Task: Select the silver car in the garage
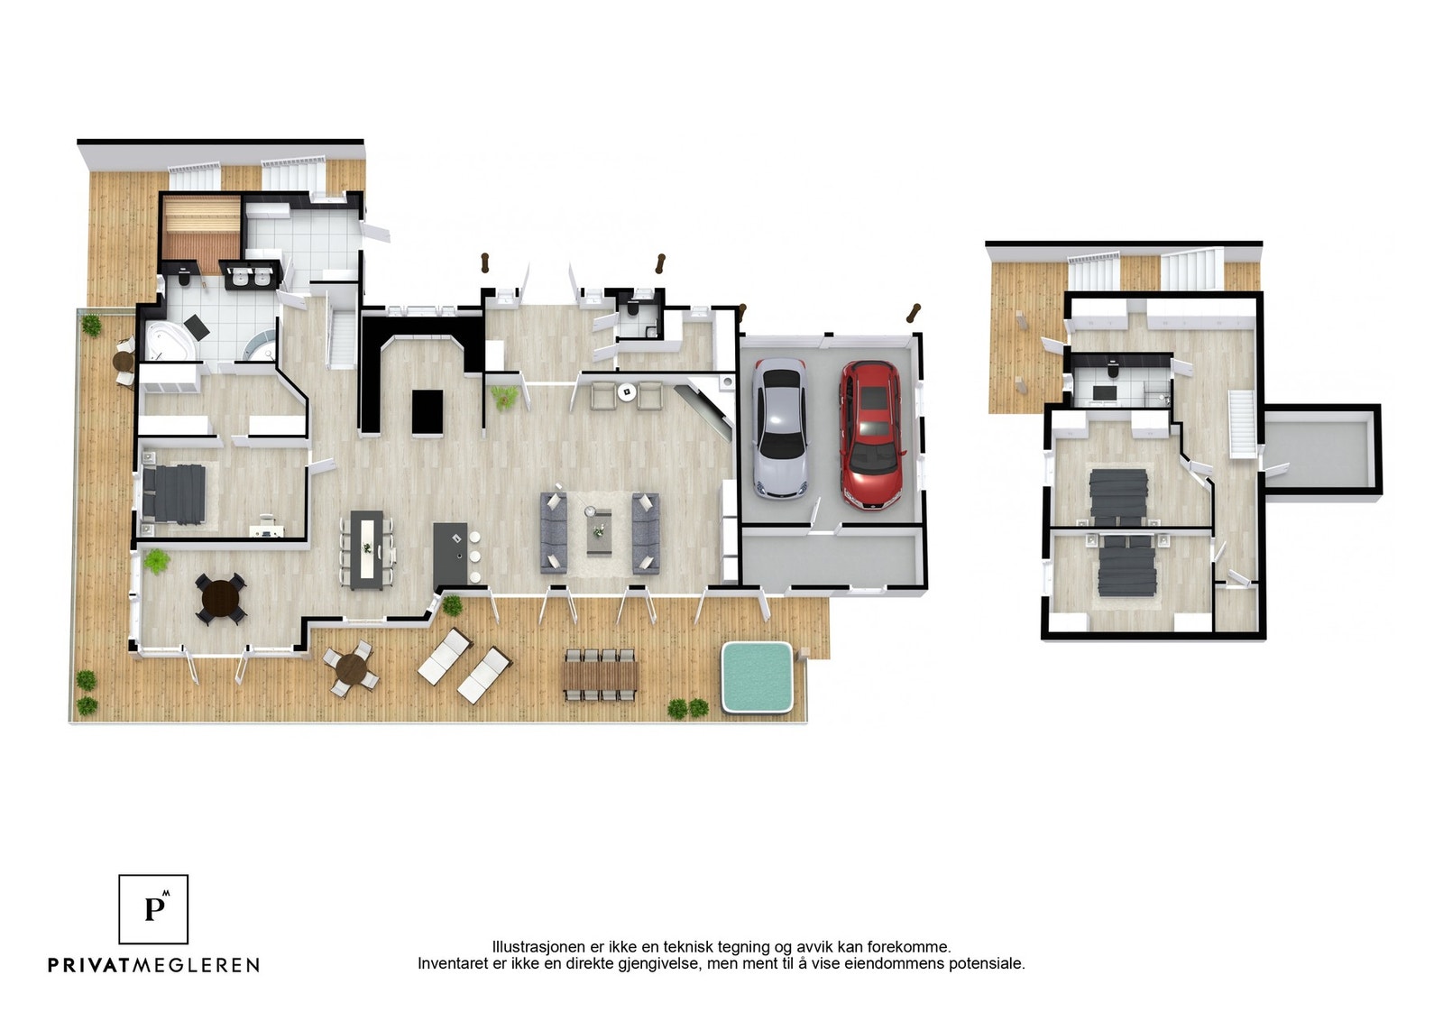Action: coord(780,428)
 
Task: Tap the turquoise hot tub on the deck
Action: coord(757,677)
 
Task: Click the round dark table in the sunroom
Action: coord(221,598)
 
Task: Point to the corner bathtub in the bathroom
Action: coord(170,340)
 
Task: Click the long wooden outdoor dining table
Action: coord(601,675)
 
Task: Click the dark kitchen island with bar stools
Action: coord(451,554)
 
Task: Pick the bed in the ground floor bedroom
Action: coord(174,493)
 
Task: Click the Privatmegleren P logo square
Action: coord(153,909)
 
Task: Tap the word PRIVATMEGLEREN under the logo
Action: coord(154,965)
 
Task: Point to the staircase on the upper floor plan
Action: coord(1243,424)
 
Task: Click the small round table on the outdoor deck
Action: coord(351,667)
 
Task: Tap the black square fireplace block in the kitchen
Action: coord(427,412)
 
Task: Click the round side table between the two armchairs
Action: coord(626,391)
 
